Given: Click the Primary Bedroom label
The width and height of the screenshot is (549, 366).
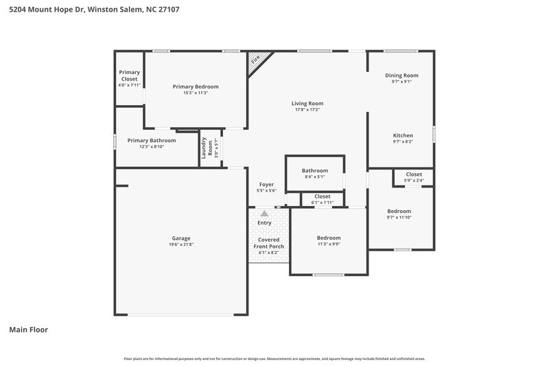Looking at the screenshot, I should [x=196, y=87].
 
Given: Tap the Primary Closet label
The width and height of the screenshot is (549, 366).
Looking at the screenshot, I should [x=129, y=75].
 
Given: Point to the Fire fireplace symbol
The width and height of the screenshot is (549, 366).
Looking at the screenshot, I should [x=255, y=60].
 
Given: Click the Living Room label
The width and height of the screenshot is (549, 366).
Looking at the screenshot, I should [x=307, y=103].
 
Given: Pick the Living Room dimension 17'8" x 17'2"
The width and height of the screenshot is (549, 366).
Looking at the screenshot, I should [x=307, y=110].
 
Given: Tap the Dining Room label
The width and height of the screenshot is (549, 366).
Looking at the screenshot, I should [x=401, y=75].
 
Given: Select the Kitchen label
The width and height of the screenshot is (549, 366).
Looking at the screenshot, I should [x=402, y=135].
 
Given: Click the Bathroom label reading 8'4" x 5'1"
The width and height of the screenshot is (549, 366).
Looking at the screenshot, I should [x=314, y=170].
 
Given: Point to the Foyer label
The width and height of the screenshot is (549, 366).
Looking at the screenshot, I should [x=266, y=184].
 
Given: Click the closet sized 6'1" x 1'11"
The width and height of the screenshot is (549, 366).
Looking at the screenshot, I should [x=322, y=196].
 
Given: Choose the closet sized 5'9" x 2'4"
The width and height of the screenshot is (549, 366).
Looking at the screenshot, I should [x=414, y=174].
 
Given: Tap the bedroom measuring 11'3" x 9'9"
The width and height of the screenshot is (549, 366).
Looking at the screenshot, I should [x=328, y=238].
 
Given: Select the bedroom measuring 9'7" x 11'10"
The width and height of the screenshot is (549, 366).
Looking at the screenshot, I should [x=399, y=211].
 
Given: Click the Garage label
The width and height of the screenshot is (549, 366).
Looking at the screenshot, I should [x=180, y=238].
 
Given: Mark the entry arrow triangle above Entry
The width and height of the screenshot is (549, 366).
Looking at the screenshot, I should [x=264, y=214].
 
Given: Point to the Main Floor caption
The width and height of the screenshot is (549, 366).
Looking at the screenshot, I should [x=28, y=330].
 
